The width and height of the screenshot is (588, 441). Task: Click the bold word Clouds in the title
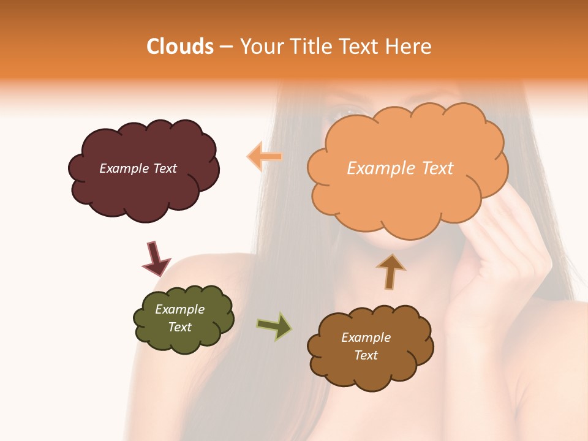(x=180, y=47)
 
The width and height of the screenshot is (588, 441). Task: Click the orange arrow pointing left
(x=265, y=156)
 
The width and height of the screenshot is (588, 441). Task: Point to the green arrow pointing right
(x=274, y=326)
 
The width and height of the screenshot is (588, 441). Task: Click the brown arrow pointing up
(x=390, y=271)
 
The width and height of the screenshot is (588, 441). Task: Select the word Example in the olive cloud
(x=179, y=309)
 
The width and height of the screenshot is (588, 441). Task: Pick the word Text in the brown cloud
(x=366, y=355)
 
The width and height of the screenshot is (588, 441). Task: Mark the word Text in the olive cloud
(x=179, y=327)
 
